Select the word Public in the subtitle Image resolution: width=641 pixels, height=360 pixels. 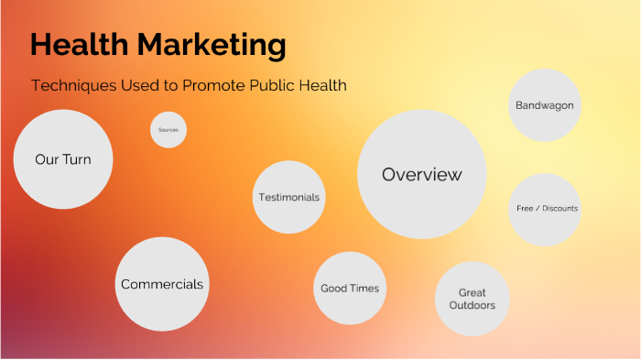(x=271, y=85)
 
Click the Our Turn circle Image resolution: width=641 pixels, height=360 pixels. (x=62, y=158)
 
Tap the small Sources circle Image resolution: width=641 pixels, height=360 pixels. (x=168, y=130)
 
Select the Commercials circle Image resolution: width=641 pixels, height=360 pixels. (x=162, y=284)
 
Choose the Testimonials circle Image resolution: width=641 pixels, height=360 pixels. (x=289, y=197)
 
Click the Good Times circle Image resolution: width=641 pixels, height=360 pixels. (x=349, y=288)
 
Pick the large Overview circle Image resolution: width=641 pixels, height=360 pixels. (x=421, y=174)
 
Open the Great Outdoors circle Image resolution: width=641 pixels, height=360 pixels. (x=472, y=300)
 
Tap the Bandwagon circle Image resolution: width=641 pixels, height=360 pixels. (x=544, y=105)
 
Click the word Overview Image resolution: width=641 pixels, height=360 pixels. (x=421, y=174)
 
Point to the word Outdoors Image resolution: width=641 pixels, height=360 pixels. (x=472, y=306)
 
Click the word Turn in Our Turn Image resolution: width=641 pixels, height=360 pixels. (x=77, y=158)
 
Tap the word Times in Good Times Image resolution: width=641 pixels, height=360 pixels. (x=364, y=288)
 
